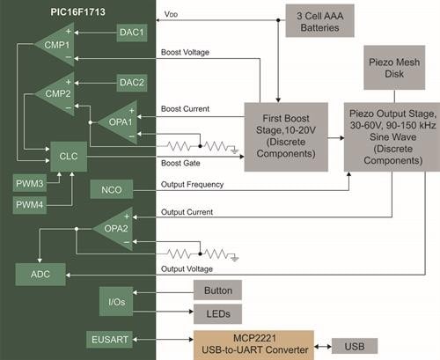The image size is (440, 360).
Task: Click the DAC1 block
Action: click(x=132, y=33)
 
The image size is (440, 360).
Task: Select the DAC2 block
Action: click(x=132, y=83)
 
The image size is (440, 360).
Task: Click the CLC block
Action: click(x=69, y=157)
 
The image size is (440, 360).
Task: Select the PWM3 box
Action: click(x=30, y=183)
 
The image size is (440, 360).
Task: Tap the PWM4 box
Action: click(x=30, y=204)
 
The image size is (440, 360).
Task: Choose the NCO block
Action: click(x=112, y=189)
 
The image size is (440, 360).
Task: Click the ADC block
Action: click(x=40, y=275)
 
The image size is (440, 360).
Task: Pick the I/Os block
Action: click(x=116, y=302)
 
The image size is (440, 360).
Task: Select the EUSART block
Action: click(x=109, y=340)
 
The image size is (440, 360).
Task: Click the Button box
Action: click(x=218, y=290)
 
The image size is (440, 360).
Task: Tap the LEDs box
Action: click(x=218, y=313)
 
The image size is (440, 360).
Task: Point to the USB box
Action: click(x=355, y=346)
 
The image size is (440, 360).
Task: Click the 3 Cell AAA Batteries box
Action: click(x=320, y=21)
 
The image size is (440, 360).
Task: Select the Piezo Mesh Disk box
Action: click(x=394, y=68)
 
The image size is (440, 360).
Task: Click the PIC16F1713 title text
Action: click(x=77, y=12)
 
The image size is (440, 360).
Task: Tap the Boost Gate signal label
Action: click(x=180, y=163)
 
